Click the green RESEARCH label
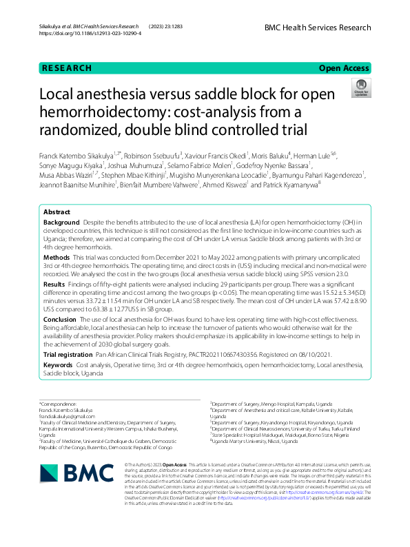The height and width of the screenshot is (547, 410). [66, 68]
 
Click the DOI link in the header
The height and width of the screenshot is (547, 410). [90, 33]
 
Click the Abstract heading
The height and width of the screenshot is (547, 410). [57, 211]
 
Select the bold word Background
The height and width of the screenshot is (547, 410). [61, 224]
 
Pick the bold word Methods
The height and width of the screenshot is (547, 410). [57, 256]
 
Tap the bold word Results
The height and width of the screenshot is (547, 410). [54, 283]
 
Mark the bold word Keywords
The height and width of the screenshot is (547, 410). [58, 364]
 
